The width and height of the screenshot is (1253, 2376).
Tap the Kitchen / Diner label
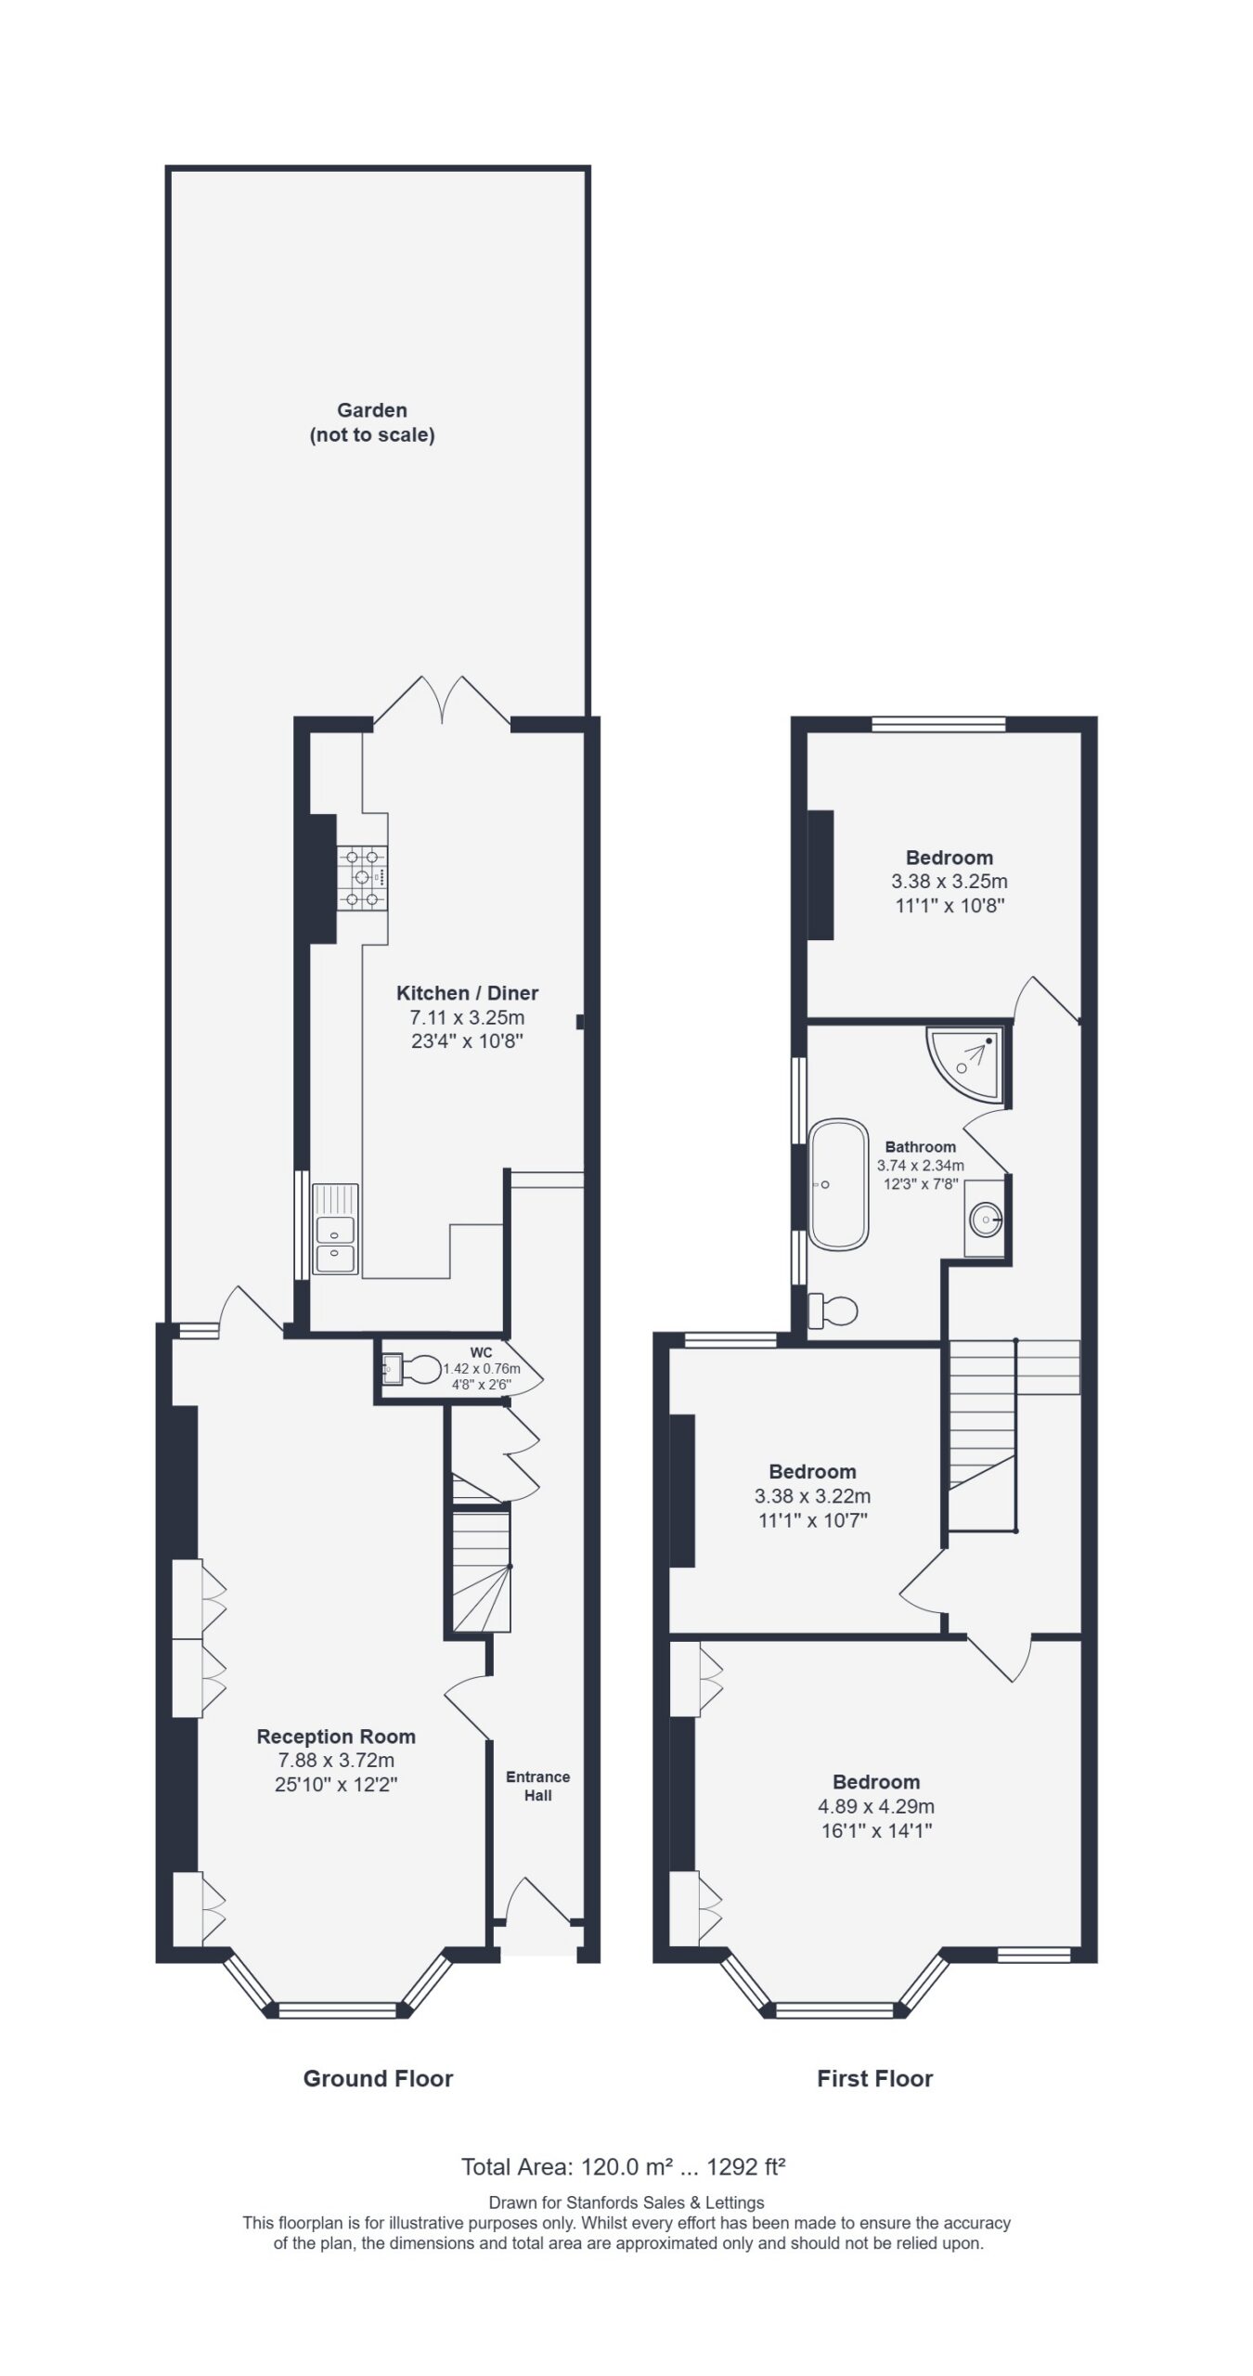click(467, 992)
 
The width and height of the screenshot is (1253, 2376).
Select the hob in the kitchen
click(363, 877)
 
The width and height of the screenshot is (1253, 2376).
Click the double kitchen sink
click(335, 1229)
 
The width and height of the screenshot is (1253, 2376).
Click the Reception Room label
click(336, 1736)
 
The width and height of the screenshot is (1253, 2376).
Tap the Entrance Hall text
click(537, 1786)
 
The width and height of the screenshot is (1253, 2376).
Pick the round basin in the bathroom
click(985, 1215)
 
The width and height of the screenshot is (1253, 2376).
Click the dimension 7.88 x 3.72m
click(336, 1760)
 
